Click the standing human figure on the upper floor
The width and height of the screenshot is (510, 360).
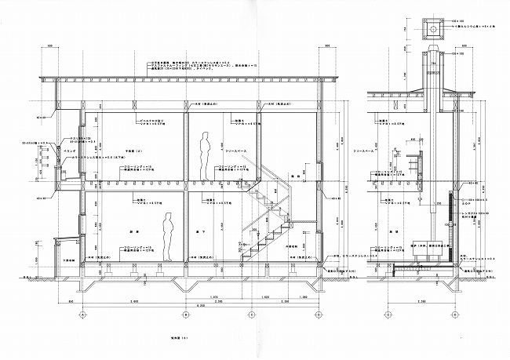click(x=205, y=156)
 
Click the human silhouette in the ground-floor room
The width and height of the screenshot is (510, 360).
click(x=167, y=240)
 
